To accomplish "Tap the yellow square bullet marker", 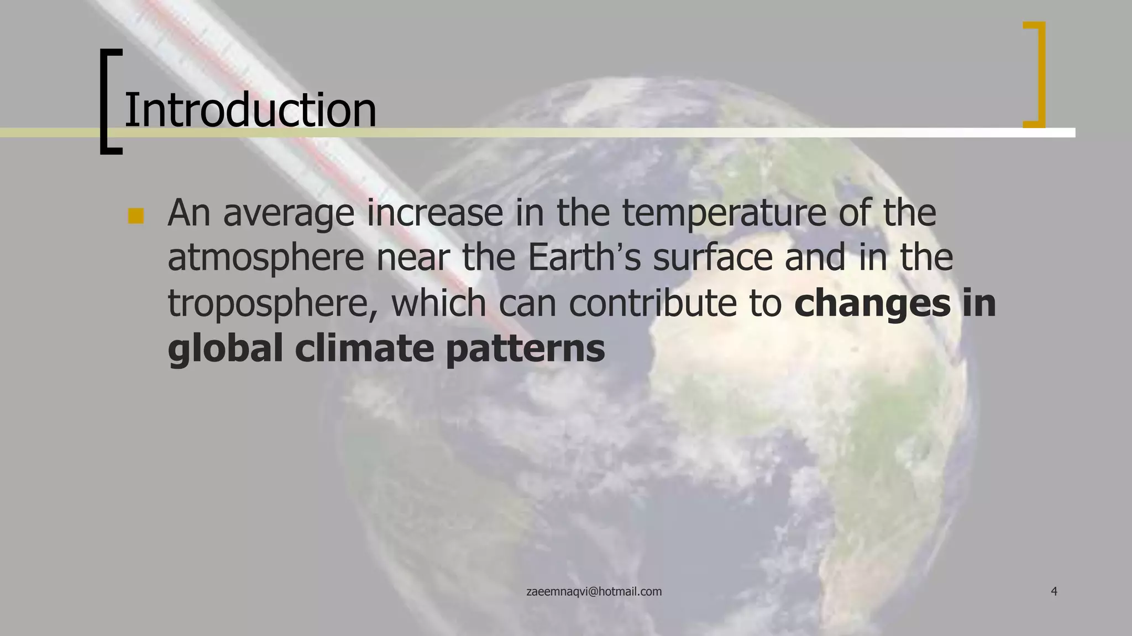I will point(135,216).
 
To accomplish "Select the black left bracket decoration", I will point(109,102).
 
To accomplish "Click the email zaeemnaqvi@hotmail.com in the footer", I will point(594,592).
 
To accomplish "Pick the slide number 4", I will point(1054,592).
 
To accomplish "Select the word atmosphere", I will point(266,258).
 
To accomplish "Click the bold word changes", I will point(872,303).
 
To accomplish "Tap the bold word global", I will point(225,348).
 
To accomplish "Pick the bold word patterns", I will point(525,349).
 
